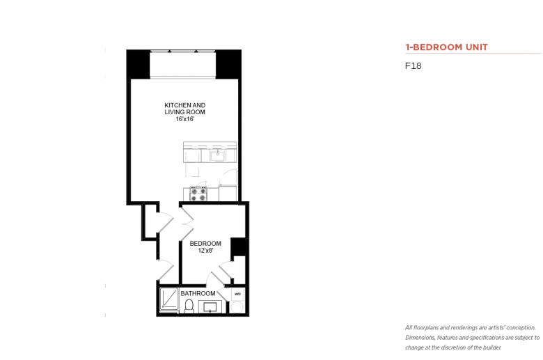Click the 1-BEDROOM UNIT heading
pyautogui.click(x=446, y=47)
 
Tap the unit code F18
pyautogui.click(x=413, y=66)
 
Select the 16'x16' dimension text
pyautogui.click(x=185, y=119)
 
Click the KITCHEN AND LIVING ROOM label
pyautogui.click(x=185, y=109)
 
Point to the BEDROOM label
pyautogui.click(x=205, y=244)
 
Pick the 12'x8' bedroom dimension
pyautogui.click(x=205, y=250)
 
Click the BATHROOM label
pyautogui.click(x=198, y=293)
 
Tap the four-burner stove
pyautogui.click(x=198, y=194)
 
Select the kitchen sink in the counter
pyautogui.click(x=217, y=155)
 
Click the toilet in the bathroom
pyautogui.click(x=189, y=306)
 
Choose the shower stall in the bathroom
pyautogui.click(x=169, y=299)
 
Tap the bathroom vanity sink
pyautogui.click(x=210, y=306)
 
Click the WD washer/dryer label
pyautogui.click(x=237, y=294)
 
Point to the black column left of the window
pyautogui.click(x=138, y=65)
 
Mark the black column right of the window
pyautogui.click(x=228, y=65)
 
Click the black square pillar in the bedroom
pyautogui.click(x=238, y=247)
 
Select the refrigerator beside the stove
pyautogui.click(x=228, y=193)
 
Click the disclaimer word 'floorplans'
pyautogui.click(x=426, y=328)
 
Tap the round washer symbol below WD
pyautogui.click(x=237, y=307)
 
